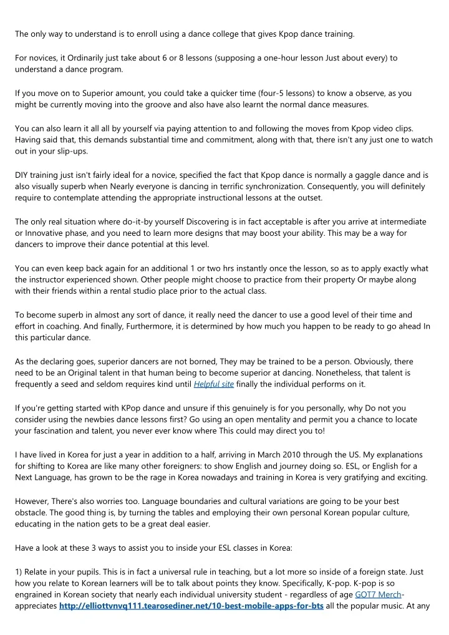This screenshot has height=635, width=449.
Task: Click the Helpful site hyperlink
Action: pos(214,384)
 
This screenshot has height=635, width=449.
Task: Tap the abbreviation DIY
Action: pos(22,175)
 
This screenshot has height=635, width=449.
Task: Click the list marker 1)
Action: pos(19,571)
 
